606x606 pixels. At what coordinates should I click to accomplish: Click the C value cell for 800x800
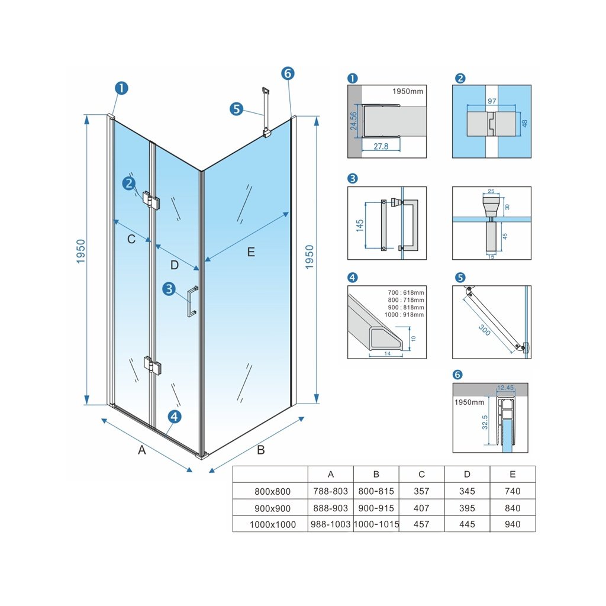pyautogui.click(x=421, y=491)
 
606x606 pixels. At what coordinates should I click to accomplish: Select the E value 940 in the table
pyautogui.click(x=512, y=524)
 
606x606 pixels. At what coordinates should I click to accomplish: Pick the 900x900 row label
pyautogui.click(x=272, y=508)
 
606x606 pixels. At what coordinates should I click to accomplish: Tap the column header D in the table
pyautogui.click(x=467, y=474)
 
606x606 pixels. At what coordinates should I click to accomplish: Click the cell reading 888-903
pyautogui.click(x=330, y=508)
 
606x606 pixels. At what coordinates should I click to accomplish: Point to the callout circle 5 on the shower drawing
pyautogui.click(x=237, y=109)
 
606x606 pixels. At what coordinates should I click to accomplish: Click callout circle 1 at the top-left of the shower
pyautogui.click(x=121, y=88)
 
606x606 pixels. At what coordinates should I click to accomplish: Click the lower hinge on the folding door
pyautogui.click(x=152, y=365)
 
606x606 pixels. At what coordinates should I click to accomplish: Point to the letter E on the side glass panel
pyautogui.click(x=251, y=252)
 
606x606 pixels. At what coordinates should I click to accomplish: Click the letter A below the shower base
pyautogui.click(x=142, y=450)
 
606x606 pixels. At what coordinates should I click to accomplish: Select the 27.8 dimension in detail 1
pyautogui.click(x=381, y=146)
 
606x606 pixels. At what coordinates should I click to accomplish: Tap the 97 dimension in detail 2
pyautogui.click(x=492, y=101)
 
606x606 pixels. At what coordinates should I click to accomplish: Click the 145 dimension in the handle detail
pyautogui.click(x=360, y=225)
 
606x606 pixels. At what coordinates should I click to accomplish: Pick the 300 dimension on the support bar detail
pyautogui.click(x=485, y=330)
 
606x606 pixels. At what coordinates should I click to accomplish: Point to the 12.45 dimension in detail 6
pyautogui.click(x=505, y=388)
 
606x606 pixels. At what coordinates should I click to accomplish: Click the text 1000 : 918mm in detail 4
pyautogui.click(x=404, y=315)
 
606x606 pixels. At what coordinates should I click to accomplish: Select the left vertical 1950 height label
pyautogui.click(x=80, y=252)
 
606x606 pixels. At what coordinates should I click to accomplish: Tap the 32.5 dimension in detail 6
pyautogui.click(x=485, y=422)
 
